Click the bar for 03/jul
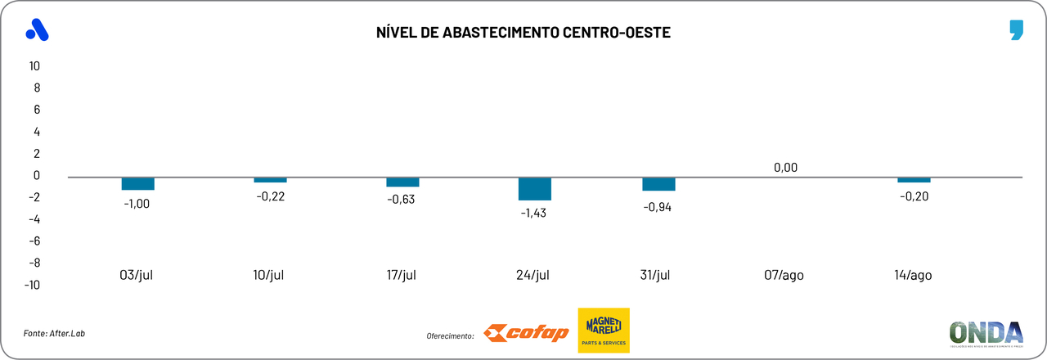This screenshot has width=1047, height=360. (138, 183)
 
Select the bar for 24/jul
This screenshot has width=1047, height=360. (535, 189)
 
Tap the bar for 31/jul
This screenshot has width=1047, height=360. (658, 184)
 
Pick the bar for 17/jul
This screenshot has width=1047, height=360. (402, 182)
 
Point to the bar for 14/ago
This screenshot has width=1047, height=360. (914, 180)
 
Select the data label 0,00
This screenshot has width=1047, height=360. (784, 168)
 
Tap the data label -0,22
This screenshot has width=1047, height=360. (271, 196)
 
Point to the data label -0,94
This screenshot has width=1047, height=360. (658, 207)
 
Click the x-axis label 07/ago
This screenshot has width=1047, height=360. (784, 275)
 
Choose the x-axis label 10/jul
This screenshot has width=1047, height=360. (270, 275)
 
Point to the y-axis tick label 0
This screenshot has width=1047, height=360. (37, 175)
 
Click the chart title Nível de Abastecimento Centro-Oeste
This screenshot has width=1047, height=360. (523, 33)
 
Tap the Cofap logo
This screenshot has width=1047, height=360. (526, 333)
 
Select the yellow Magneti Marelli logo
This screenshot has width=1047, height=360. (604, 331)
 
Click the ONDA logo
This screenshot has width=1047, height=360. (986, 334)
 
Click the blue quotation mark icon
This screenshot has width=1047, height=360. (1016, 31)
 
